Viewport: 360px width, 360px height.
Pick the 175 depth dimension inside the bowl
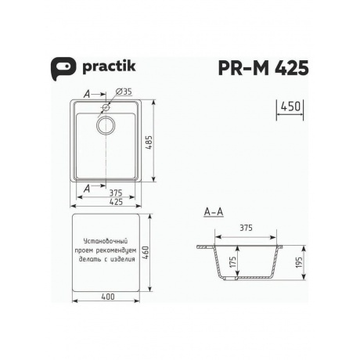coord(233,263)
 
